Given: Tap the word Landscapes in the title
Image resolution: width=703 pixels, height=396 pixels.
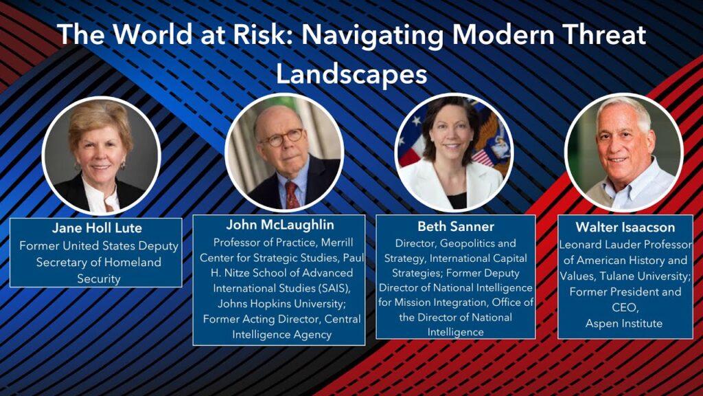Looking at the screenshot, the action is [x=351, y=74].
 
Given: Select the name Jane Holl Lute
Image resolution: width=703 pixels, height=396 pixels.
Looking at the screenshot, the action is [x=97, y=228].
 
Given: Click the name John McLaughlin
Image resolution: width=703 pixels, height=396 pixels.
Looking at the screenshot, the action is [x=280, y=225].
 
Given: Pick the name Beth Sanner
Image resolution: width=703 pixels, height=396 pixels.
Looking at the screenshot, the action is [x=456, y=226].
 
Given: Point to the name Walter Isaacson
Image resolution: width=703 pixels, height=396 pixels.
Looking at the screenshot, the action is [x=625, y=227].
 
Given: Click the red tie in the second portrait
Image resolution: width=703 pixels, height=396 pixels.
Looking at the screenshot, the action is [x=292, y=195].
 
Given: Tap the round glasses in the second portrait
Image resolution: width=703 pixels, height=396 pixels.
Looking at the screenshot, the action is [x=282, y=137].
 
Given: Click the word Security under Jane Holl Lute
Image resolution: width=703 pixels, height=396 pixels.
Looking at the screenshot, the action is [x=99, y=279].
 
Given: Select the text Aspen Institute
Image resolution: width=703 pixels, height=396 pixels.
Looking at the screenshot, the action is [x=624, y=323].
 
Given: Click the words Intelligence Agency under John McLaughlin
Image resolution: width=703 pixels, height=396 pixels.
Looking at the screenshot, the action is [x=282, y=335].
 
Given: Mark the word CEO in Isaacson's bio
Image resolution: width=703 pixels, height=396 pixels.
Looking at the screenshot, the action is [x=625, y=307].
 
